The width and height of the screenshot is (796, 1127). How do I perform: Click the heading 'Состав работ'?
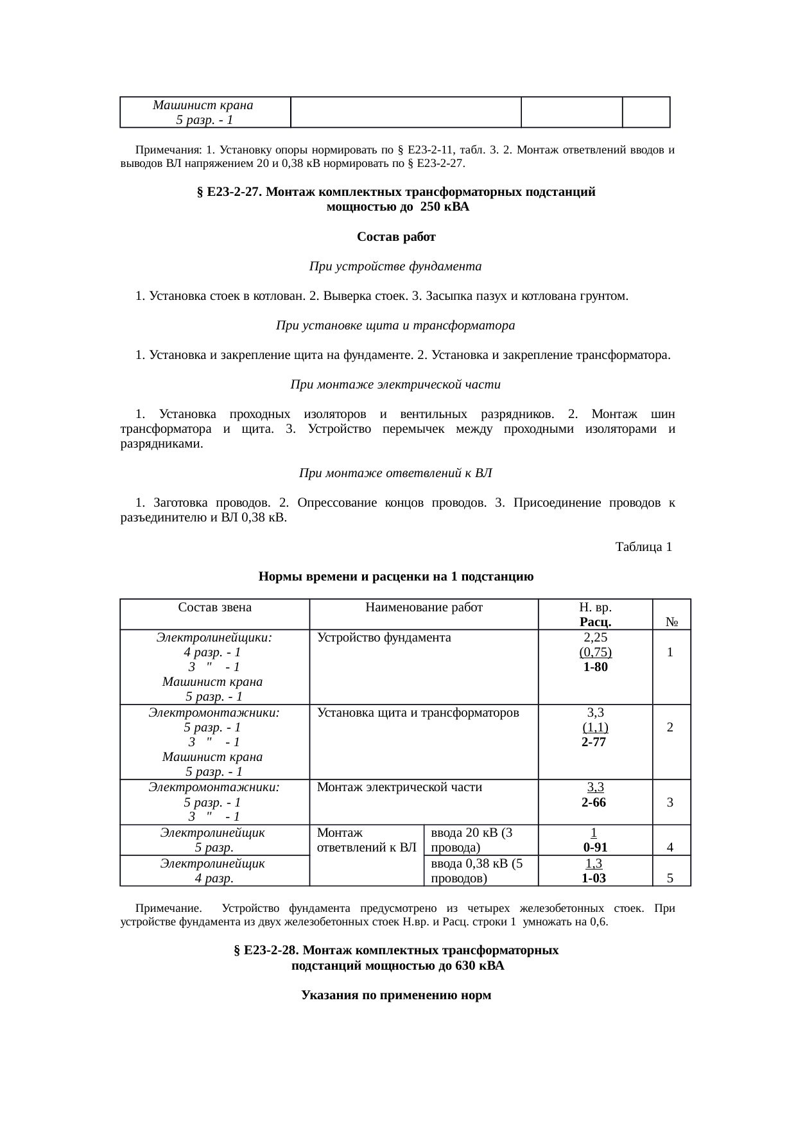click(x=396, y=238)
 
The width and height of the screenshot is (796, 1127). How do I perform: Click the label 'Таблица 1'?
click(x=643, y=547)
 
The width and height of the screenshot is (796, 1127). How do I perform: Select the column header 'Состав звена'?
click(x=214, y=607)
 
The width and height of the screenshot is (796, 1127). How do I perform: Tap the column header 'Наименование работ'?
click(x=424, y=607)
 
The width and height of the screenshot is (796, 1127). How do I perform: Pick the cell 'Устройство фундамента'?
click(x=384, y=638)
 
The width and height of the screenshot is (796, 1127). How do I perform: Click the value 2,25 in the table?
click(x=595, y=638)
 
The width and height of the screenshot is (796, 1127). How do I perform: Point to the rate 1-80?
click(x=595, y=667)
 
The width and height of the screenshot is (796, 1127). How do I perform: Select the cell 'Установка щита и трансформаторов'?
click(x=418, y=712)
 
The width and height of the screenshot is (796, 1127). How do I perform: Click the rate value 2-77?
click(x=594, y=742)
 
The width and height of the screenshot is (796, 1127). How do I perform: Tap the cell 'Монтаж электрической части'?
click(x=399, y=787)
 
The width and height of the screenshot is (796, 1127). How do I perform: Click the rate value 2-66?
click(x=594, y=803)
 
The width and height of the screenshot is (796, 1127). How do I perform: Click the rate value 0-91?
click(x=594, y=848)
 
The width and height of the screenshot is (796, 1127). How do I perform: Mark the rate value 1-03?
click(x=594, y=878)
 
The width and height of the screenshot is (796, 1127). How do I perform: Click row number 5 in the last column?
click(x=670, y=878)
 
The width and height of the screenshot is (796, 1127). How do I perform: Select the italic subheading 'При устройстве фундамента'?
click(x=395, y=266)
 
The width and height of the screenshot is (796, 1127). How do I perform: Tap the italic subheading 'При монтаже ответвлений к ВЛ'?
click(x=395, y=474)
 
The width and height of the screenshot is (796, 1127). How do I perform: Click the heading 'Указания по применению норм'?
click(x=396, y=995)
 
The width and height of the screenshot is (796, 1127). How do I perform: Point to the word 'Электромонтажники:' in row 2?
click(x=214, y=712)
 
